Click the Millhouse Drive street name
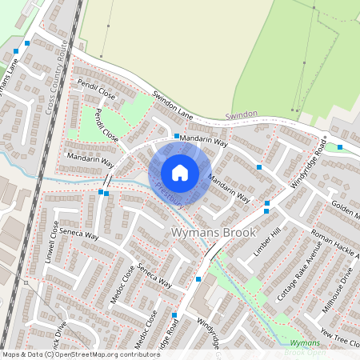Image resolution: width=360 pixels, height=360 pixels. (337, 294)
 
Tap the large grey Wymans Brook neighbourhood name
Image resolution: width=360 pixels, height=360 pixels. (214, 233)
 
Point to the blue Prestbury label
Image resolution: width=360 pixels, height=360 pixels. (170, 197)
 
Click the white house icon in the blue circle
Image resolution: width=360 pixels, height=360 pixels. (180, 172)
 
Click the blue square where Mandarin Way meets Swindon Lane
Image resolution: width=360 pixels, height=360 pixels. (176, 137)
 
